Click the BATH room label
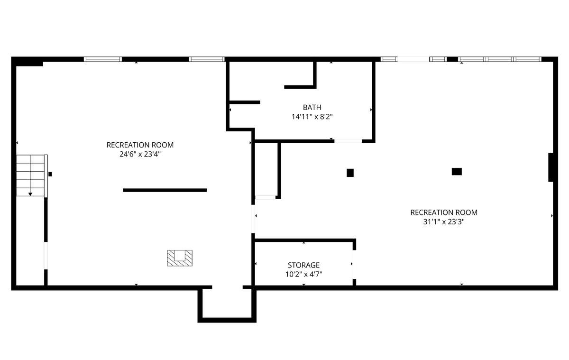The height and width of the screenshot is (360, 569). [312, 108]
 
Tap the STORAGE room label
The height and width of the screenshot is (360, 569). [303, 265]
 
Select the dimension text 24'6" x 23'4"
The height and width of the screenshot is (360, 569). [140, 154]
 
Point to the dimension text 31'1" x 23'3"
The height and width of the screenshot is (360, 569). [444, 222]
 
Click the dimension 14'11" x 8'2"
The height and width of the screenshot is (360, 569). [312, 117]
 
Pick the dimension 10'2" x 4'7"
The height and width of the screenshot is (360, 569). [303, 274]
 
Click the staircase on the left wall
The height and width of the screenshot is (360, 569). [31, 175]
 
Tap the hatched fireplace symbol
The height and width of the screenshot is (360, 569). [180, 258]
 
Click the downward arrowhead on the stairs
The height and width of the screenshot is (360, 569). [30, 194]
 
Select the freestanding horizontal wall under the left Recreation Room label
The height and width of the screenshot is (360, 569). [165, 190]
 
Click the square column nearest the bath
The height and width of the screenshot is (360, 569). [350, 173]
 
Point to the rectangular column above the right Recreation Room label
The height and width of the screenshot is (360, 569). [457, 172]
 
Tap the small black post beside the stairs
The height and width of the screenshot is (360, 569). [50, 174]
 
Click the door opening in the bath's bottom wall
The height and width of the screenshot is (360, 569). [348, 141]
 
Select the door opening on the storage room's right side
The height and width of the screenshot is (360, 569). [354, 265]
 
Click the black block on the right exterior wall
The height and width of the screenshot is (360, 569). [551, 167]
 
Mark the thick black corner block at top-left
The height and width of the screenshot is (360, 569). [27, 62]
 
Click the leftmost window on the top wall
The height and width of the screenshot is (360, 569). [103, 59]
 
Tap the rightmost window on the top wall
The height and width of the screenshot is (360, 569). [528, 59]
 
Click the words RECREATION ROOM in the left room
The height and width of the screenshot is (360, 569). [140, 145]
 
